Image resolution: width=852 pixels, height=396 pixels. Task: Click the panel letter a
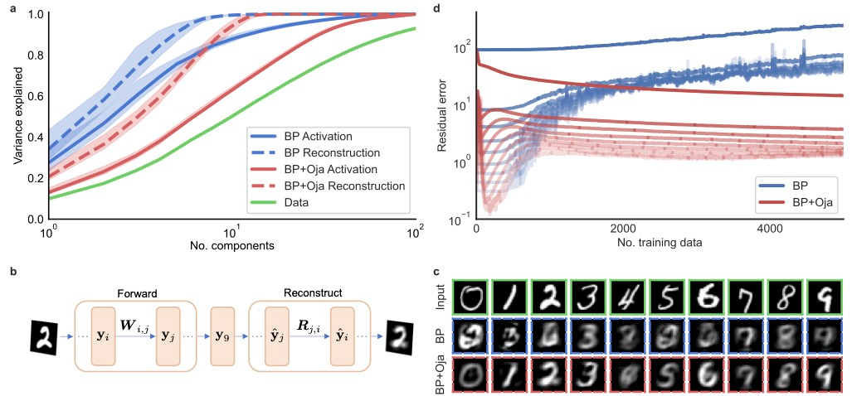pos(12,9)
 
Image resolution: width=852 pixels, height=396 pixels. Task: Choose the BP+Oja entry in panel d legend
pos(801,201)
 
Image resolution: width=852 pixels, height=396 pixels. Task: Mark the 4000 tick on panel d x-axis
pos(770,229)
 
